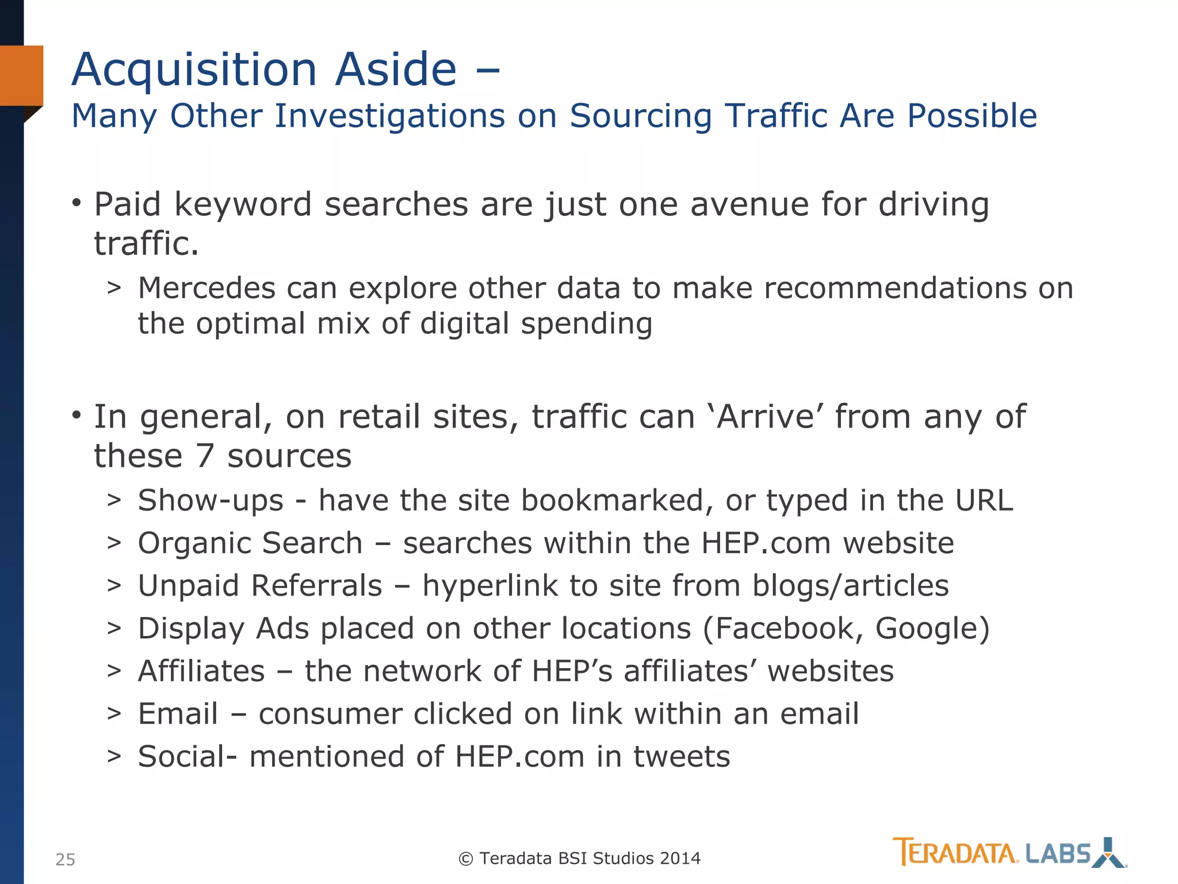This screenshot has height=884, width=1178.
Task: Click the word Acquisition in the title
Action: (x=194, y=70)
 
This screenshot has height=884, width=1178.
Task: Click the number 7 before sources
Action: (x=205, y=456)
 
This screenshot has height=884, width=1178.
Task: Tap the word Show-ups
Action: (x=211, y=500)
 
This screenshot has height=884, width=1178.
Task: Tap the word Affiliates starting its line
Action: (x=201, y=671)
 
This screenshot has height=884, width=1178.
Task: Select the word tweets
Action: (x=682, y=756)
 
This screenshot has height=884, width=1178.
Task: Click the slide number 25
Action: (x=65, y=859)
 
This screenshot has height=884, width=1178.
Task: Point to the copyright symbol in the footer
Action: (x=465, y=859)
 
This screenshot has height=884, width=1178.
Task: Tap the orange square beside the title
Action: (x=21, y=75)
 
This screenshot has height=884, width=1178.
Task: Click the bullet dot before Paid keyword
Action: (x=77, y=203)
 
